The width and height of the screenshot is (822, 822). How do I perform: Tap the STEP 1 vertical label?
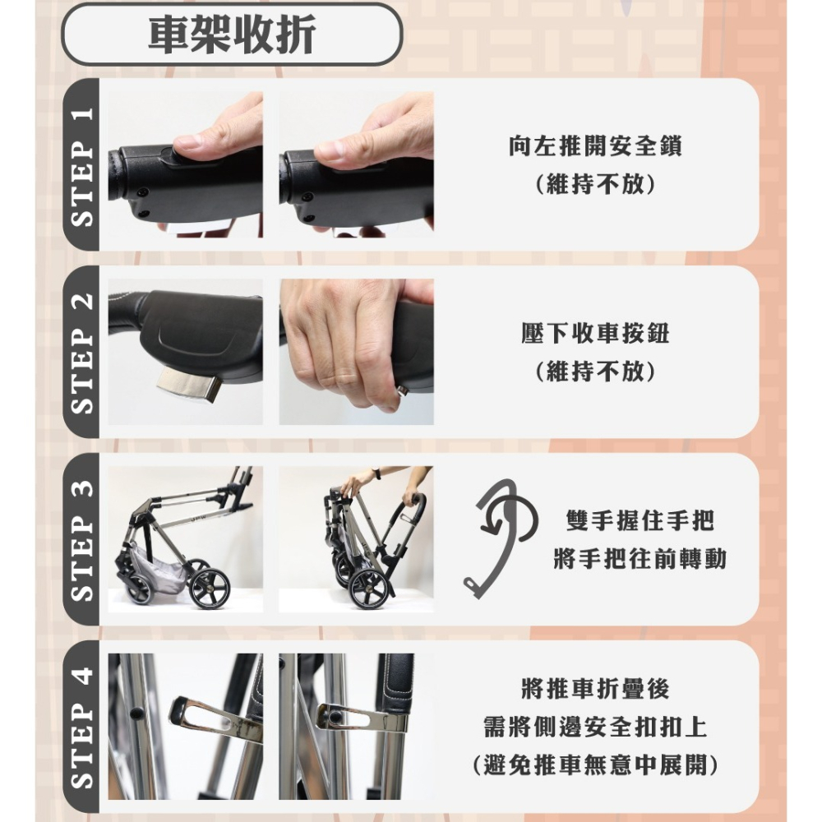81,164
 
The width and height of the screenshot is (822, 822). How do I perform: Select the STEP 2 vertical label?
81,352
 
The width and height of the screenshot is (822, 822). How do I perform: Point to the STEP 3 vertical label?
81,539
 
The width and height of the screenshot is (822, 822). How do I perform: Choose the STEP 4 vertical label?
81,727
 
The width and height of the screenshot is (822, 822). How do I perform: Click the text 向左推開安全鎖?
595,147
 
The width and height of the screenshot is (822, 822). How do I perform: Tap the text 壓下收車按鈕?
595,334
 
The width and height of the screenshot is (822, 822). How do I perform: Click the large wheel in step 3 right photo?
369,589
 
